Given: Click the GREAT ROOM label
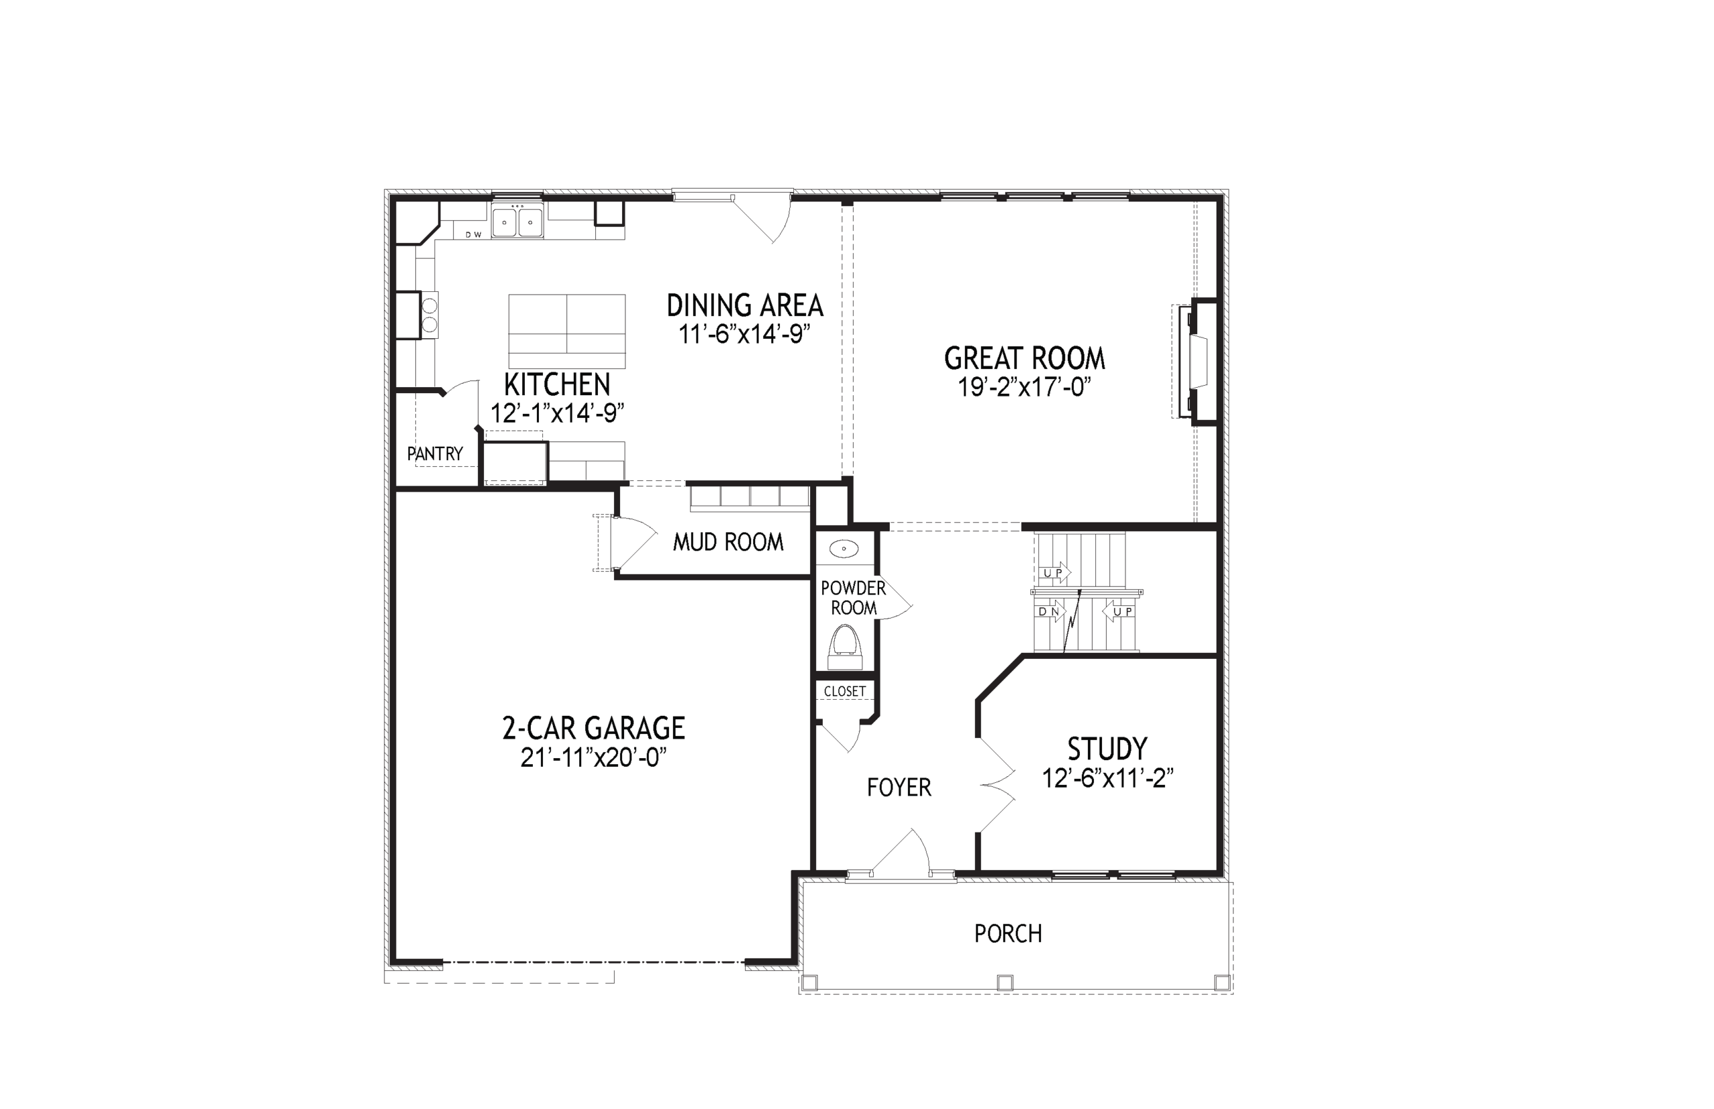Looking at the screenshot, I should click(1024, 359).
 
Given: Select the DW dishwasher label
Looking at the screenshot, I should click(473, 235).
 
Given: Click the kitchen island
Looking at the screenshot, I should click(566, 331).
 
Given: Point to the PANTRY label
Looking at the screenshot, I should click(435, 453).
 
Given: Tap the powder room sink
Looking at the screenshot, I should click(844, 549).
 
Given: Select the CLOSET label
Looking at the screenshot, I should click(844, 691).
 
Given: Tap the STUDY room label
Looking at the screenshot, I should click(1107, 749).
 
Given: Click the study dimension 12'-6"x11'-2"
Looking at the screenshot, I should click(1108, 778).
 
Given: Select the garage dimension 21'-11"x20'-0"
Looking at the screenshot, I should click(593, 757).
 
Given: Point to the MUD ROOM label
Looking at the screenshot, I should click(728, 542).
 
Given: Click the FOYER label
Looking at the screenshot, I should click(899, 788).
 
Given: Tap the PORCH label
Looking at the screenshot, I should click(1008, 934).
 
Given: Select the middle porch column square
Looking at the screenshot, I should click(1005, 982).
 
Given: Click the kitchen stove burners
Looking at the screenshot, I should click(429, 315).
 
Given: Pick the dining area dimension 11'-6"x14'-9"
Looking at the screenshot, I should click(745, 334).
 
